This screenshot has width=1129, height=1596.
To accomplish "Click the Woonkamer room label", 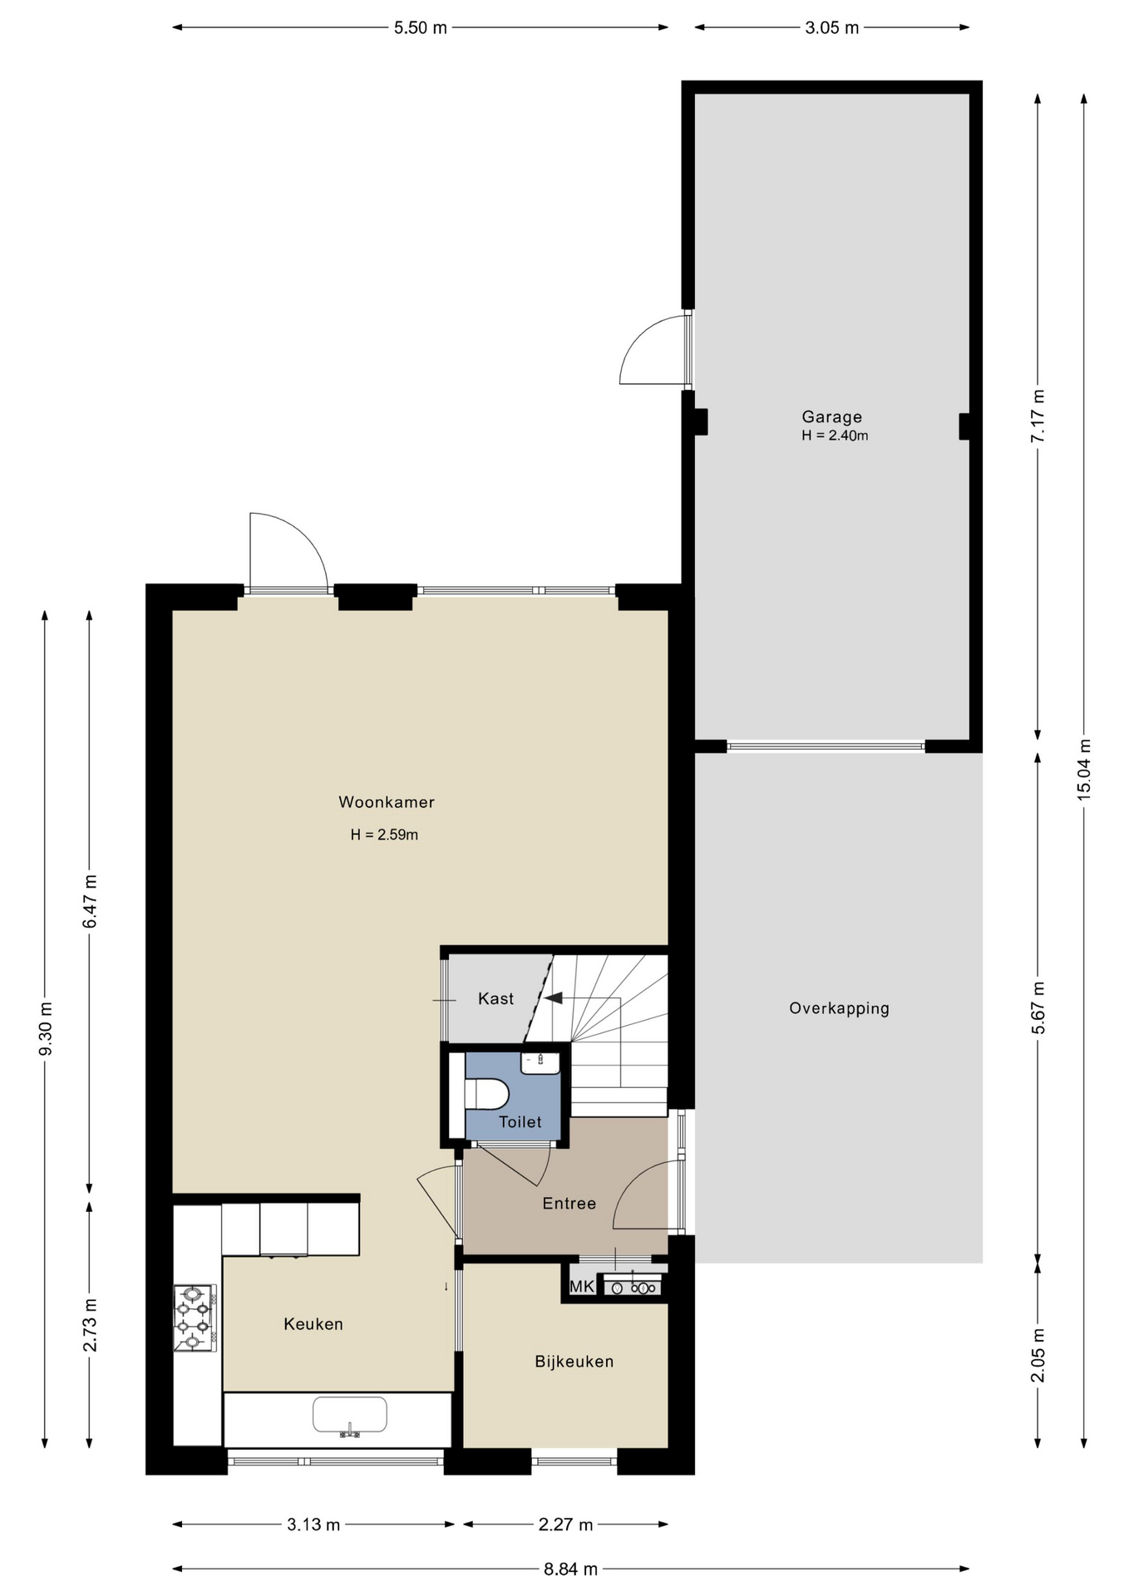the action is point(387,802).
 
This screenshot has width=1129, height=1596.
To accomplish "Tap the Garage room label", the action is point(831,417).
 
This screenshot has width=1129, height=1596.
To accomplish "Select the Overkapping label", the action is point(839,1008).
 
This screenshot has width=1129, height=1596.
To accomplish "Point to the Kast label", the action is point(496,998).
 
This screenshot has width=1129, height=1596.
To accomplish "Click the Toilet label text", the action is point(520,1122).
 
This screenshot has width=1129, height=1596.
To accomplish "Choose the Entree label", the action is point(569,1203).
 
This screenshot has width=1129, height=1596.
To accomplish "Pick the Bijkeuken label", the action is point(574,1362).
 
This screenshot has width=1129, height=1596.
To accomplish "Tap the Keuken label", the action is point(313,1324).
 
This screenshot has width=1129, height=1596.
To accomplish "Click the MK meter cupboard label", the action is point(582,1287).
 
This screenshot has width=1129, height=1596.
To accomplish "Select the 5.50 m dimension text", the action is point(421,27).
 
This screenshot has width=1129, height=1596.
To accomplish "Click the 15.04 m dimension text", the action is point(1084,769).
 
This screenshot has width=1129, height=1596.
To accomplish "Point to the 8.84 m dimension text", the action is point(571,1569).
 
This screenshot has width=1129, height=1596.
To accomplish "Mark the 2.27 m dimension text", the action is point(566,1525).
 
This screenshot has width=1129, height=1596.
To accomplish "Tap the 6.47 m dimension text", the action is point(90,902).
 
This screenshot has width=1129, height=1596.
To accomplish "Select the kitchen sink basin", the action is point(350,1414).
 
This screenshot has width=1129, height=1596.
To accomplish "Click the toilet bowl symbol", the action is point(486,1094).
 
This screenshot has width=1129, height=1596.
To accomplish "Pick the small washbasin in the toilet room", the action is point(540,1062).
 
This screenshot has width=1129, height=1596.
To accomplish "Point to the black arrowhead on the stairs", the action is point(553,997).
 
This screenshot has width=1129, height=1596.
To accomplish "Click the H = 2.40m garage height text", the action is point(835,436).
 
